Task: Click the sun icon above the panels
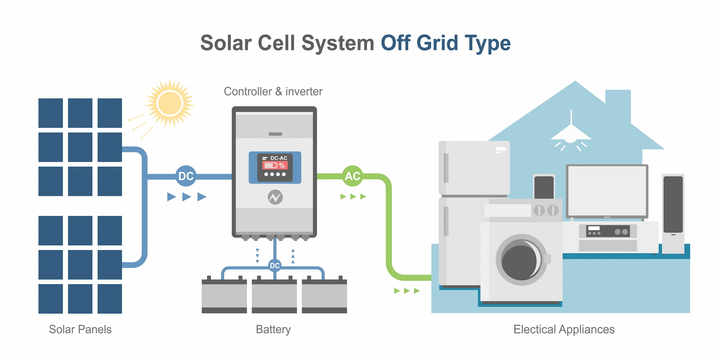coord(170,103)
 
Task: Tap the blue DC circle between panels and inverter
coord(186,176)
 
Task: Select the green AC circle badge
coord(352,176)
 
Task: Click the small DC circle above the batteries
coord(275,265)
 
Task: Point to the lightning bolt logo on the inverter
coord(275,197)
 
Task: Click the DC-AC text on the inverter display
coord(279,158)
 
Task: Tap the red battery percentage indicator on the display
coord(274,165)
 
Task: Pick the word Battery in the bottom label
coord(273,329)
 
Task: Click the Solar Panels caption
coord(80,329)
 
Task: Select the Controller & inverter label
coord(273,91)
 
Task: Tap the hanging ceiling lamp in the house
coord(571,135)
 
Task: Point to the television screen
coord(607,191)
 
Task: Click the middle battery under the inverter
coord(274,296)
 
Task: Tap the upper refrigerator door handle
coord(446,168)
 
